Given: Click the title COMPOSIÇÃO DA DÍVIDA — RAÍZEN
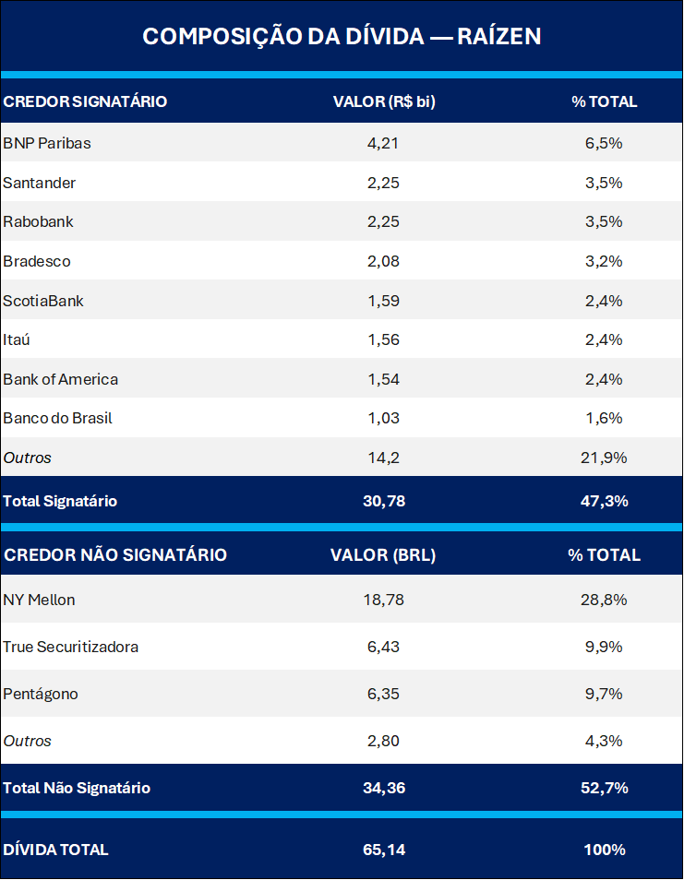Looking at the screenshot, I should (342, 36).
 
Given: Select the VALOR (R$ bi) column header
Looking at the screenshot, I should (383, 101).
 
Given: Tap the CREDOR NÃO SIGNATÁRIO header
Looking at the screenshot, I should (115, 554).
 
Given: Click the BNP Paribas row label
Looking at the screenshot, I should (47, 143).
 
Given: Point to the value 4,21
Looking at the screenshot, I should (383, 143).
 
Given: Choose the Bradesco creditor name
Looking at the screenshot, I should (37, 261).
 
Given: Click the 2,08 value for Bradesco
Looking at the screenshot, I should (383, 261).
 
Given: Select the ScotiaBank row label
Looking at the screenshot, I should (43, 301).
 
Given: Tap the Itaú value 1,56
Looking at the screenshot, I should (383, 339).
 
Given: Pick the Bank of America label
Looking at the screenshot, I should (61, 379).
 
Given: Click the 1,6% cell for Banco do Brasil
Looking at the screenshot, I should (604, 418).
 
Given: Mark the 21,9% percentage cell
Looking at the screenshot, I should (604, 458).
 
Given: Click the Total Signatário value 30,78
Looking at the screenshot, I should (383, 501).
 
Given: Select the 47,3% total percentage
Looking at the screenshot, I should (604, 501).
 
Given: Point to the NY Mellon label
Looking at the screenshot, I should (40, 600).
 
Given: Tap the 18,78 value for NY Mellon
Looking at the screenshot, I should (383, 600).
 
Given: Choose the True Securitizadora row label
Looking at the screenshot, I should (71, 647).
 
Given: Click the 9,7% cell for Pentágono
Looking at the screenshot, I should (604, 694).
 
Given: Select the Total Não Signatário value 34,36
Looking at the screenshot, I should (383, 788).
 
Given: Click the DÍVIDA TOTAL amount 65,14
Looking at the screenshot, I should (383, 850).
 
